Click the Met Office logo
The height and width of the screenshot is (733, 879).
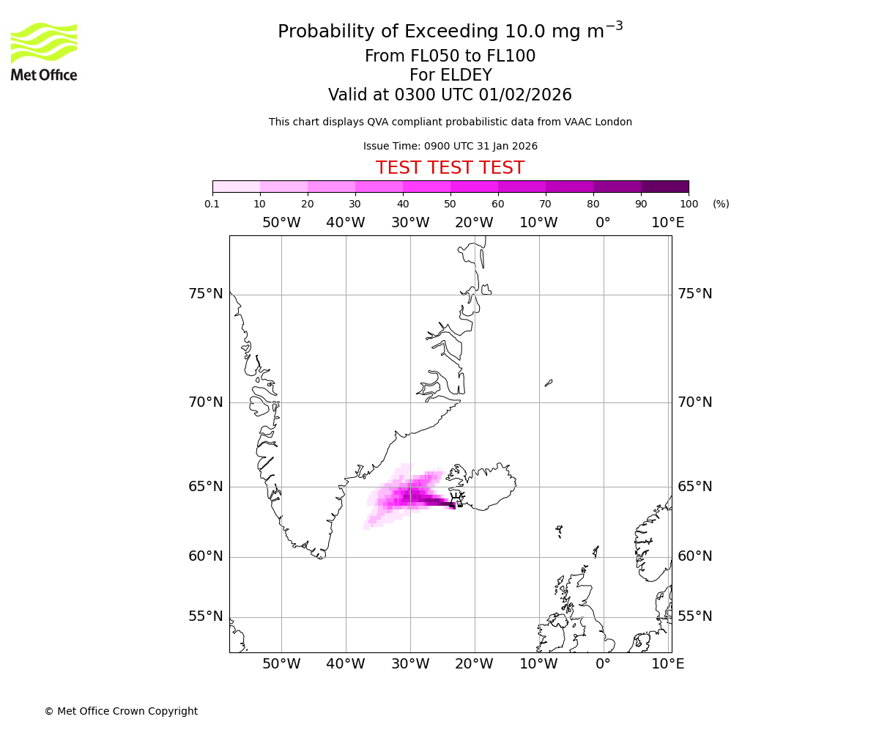[x=44, y=51]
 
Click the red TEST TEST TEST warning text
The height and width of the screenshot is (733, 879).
[x=450, y=168]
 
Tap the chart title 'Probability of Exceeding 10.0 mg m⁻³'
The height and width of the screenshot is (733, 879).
[x=450, y=31]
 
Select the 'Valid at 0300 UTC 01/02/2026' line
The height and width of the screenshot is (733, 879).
[x=450, y=95]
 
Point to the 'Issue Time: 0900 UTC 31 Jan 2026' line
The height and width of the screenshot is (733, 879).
[x=450, y=146]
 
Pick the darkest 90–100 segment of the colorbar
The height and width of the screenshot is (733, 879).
[x=664, y=186]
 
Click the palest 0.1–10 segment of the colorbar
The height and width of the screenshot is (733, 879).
[x=237, y=186]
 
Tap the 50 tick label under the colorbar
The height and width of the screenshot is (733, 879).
[x=450, y=204]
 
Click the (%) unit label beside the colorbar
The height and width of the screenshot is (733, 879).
[x=721, y=204]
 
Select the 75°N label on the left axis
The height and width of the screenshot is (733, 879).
[x=205, y=294]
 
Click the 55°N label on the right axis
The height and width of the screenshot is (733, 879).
[x=694, y=616]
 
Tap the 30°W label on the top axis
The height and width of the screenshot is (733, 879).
[x=409, y=222]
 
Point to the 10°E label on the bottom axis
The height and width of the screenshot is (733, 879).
[x=667, y=664]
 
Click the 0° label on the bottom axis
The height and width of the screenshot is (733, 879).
[x=603, y=664]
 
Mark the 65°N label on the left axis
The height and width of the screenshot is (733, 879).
[x=205, y=487]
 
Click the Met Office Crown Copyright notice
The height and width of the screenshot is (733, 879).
[x=121, y=711]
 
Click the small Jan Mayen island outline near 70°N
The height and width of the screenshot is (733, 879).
[x=549, y=382]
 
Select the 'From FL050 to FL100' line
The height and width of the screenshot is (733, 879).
[x=450, y=56]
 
